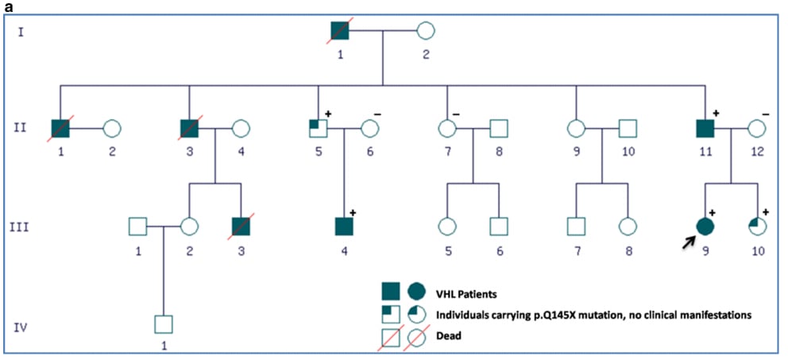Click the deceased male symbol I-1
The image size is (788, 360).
point(341,32)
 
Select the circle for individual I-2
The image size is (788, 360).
point(425,32)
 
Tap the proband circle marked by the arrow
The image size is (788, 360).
point(705,226)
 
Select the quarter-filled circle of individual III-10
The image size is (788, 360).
point(758,226)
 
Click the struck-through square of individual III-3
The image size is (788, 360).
point(241,226)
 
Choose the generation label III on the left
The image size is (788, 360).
point(26,227)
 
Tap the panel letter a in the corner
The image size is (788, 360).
point(6,6)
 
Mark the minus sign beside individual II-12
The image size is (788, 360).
point(764,114)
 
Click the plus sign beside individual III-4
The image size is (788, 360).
point(352,212)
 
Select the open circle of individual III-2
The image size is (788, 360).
point(189,226)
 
